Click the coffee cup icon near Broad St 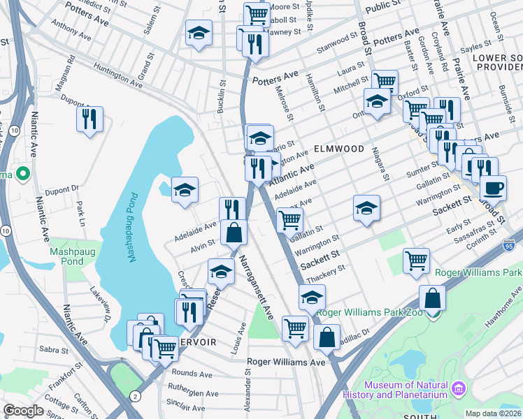click(494, 187)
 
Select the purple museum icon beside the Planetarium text click(459, 388)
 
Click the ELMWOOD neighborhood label click(339, 149)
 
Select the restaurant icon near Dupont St click(90, 119)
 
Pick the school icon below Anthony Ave click(199, 33)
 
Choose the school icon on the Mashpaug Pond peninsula click(185, 189)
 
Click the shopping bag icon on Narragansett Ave click(234, 233)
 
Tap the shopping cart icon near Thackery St click(417, 260)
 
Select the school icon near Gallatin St click(366, 207)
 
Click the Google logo click(23, 411)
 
